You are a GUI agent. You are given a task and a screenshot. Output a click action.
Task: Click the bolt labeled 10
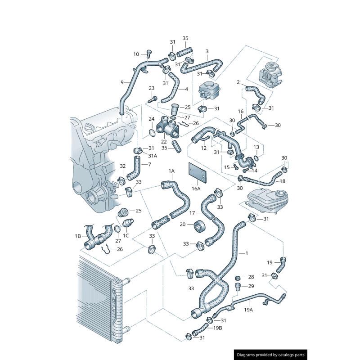(x=149, y=54)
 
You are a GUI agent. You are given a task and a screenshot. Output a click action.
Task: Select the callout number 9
(x=122, y=82)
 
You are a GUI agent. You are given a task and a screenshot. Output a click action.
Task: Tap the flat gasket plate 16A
(x=197, y=173)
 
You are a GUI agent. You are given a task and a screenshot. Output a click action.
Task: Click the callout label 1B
(x=78, y=236)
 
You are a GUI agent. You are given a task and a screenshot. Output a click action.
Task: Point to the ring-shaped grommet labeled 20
(x=199, y=226)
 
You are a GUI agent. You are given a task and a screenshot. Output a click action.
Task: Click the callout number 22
(x=164, y=142)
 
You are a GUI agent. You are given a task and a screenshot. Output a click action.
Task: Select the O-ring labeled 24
(x=152, y=132)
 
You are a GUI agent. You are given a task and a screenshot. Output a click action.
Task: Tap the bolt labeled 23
(x=153, y=99)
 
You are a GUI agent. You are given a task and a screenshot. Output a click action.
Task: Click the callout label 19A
(x=248, y=310)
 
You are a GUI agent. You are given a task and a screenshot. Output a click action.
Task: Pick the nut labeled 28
(x=238, y=278)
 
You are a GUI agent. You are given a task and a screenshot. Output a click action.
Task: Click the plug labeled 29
(x=238, y=287)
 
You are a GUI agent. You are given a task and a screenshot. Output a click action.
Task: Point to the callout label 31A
(x=153, y=156)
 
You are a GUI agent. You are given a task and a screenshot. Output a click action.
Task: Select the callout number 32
(x=123, y=166)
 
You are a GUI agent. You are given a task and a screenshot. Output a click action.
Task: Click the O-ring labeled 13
(x=256, y=158)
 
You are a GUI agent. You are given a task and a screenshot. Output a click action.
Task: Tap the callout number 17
(x=192, y=213)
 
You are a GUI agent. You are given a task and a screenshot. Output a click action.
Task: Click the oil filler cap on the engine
(x=89, y=126)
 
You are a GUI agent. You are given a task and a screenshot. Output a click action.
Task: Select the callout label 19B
(x=218, y=328)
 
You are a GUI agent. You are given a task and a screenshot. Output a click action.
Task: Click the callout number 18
(x=283, y=181)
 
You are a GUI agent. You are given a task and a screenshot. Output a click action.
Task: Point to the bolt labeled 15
(x=235, y=166)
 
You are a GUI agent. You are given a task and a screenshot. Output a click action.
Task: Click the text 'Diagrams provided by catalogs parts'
(x=271, y=355)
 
